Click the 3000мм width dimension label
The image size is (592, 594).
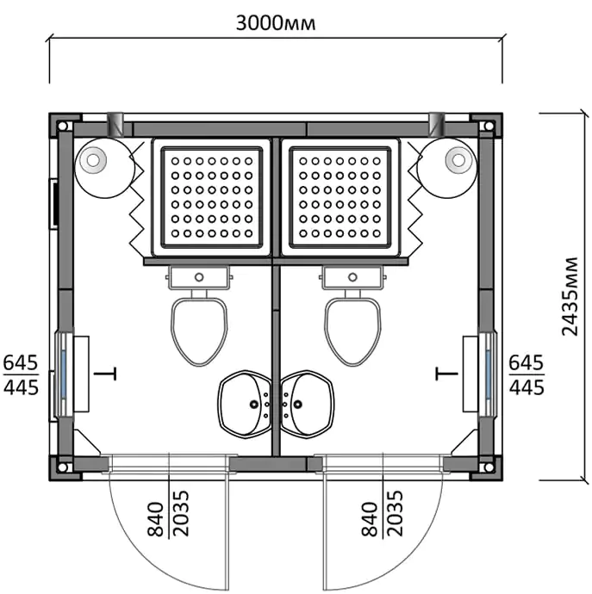(x=276, y=23)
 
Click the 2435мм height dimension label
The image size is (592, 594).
(x=570, y=297)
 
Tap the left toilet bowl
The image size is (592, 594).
(x=199, y=331)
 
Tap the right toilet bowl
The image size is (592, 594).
(x=352, y=331)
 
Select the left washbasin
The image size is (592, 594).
(x=245, y=405)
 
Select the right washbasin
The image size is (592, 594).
(x=307, y=405)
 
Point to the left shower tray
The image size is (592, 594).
(x=212, y=197)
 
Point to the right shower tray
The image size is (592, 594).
(x=340, y=197)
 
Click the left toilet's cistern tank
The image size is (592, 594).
(x=199, y=278)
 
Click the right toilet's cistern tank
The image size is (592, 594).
(x=352, y=278)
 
